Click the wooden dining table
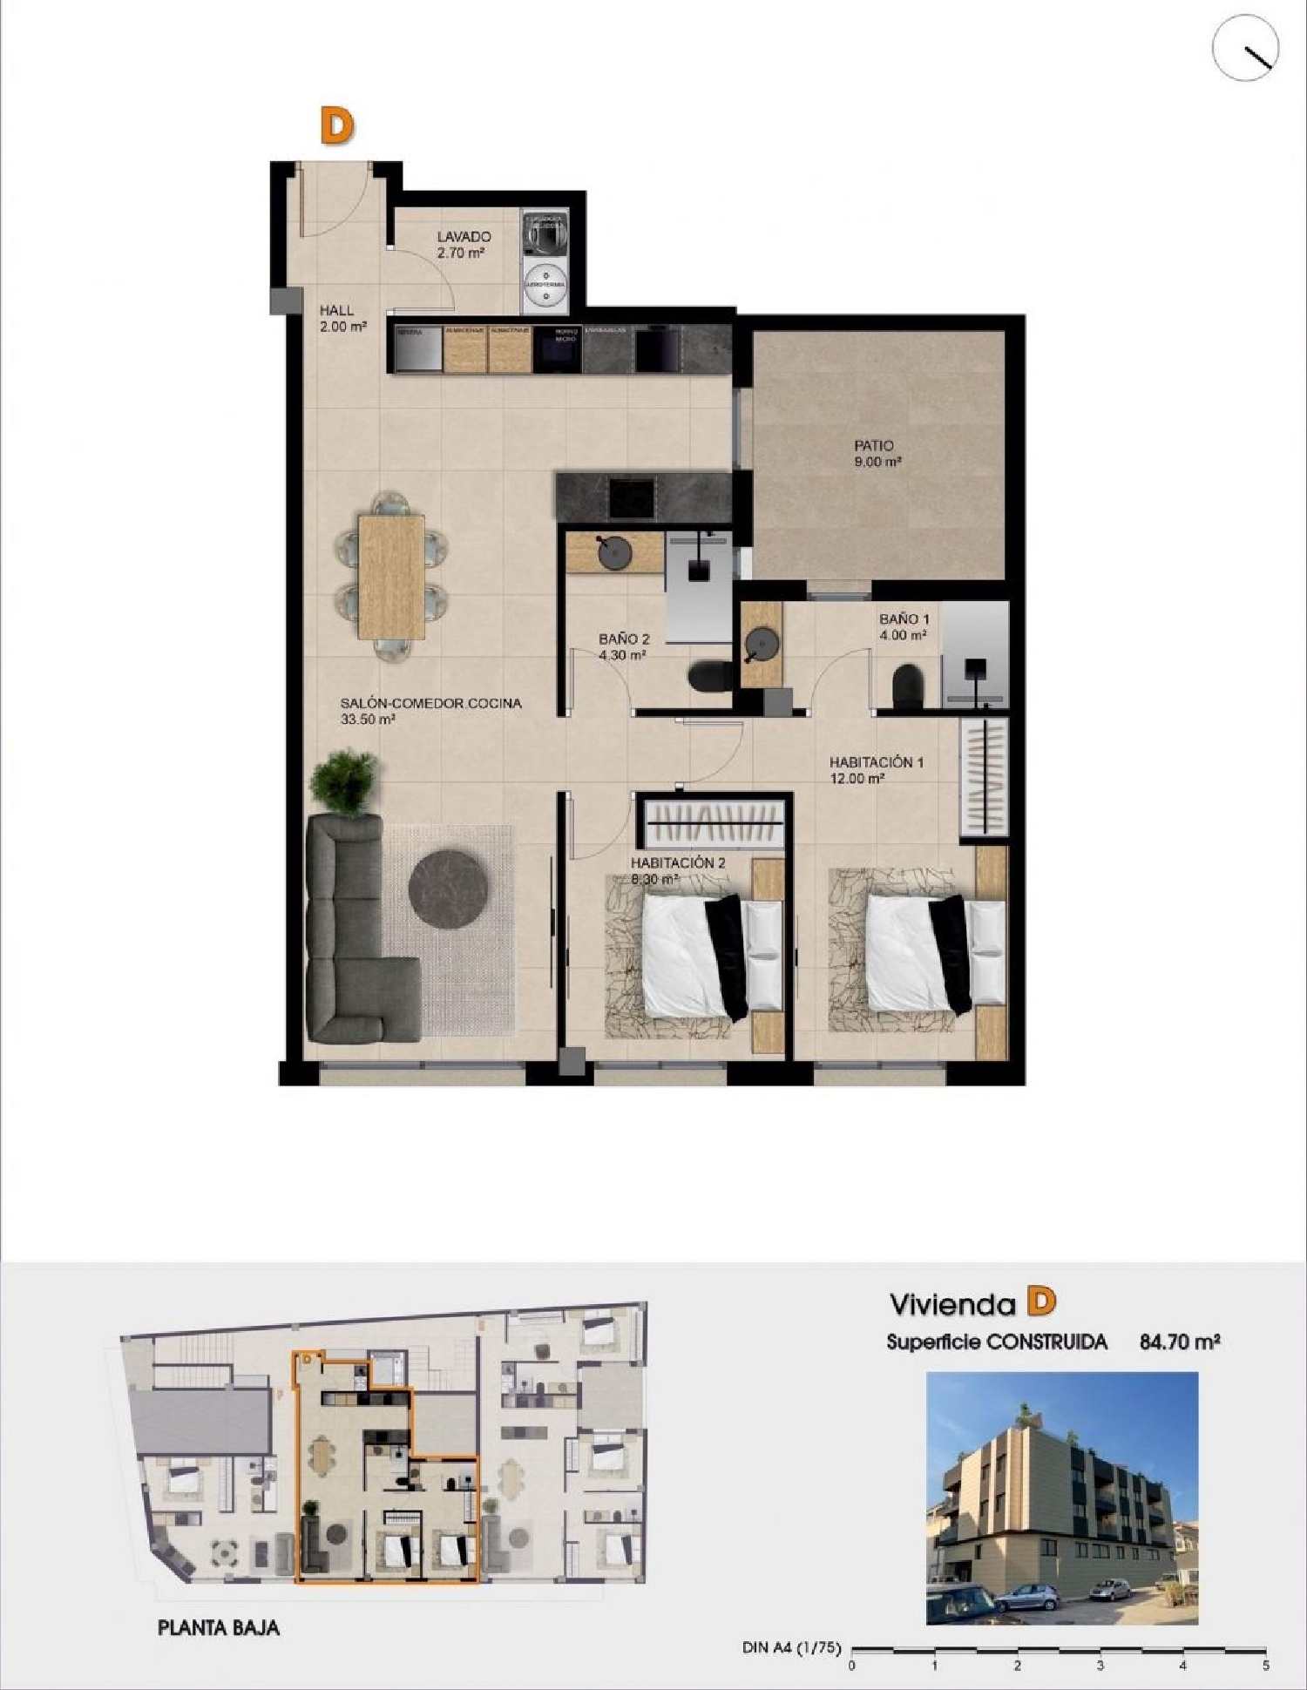click(x=392, y=576)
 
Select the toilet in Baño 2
click(x=710, y=677)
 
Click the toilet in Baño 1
click(x=908, y=687)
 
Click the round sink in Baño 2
click(x=614, y=553)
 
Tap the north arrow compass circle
click(x=1246, y=49)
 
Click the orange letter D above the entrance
click(x=337, y=127)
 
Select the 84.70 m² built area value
click(x=1179, y=1342)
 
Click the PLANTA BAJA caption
click(x=219, y=1626)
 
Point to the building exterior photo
click(x=1061, y=1497)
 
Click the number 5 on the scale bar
click(x=1265, y=1666)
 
